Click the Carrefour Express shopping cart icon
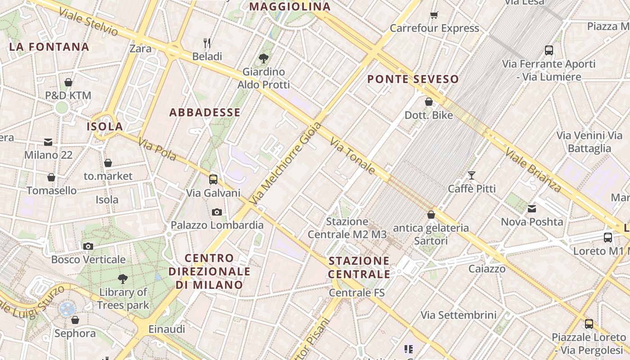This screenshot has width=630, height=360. tap(434, 15)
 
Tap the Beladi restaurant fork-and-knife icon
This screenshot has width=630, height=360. tap(207, 43)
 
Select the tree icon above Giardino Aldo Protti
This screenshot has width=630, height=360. tap(264, 58)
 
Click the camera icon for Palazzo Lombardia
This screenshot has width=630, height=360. tap(217, 212)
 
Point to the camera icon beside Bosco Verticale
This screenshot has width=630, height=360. tap(88, 246)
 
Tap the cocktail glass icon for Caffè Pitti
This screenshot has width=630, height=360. tap(472, 175)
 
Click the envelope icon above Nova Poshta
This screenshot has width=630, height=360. tap(532, 208)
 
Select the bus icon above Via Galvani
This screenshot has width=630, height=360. tap(213, 180)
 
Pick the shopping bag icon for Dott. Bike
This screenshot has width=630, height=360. tap(429, 102)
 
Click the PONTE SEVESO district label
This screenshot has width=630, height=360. tap(413, 80)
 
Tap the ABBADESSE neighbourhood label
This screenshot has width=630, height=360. tap(205, 112)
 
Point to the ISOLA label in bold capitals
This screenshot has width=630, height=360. tap(105, 126)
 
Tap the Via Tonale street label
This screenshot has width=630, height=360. tap(353, 156)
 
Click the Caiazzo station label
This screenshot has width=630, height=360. tap(487, 269)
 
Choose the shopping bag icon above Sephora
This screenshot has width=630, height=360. tap(75, 320)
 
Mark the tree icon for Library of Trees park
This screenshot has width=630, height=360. tap(122, 279)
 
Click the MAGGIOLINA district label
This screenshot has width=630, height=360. tap(290, 7)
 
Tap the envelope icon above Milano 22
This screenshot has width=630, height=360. tap(48, 142)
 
